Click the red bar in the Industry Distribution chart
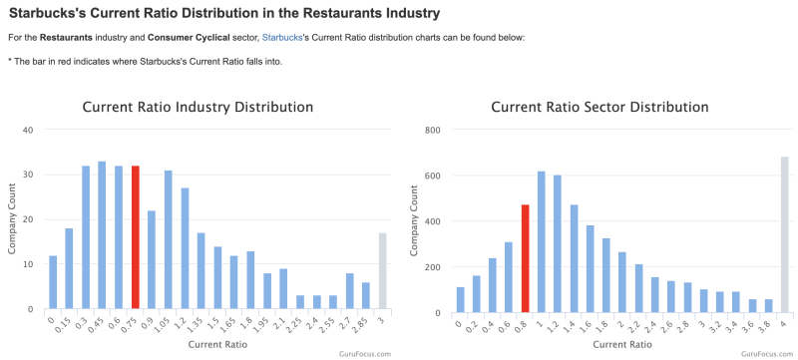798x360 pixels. (x=136, y=237)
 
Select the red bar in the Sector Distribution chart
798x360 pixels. (x=526, y=258)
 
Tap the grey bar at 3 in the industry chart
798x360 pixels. (x=383, y=270)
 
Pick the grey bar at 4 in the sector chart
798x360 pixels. (x=784, y=234)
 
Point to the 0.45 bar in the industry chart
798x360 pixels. (x=102, y=235)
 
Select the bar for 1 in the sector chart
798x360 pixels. (x=542, y=242)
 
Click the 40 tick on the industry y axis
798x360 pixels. (x=29, y=130)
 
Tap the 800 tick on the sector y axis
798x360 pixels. (x=433, y=130)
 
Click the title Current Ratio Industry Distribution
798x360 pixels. (x=198, y=108)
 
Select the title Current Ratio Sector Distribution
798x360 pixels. (x=600, y=108)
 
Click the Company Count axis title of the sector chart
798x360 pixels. (x=414, y=220)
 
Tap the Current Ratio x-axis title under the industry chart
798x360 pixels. (x=217, y=344)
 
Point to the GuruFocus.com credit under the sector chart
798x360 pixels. (x=767, y=353)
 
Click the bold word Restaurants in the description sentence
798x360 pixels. (x=67, y=38)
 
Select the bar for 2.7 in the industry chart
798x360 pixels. (x=350, y=291)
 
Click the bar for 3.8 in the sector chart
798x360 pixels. (x=768, y=306)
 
